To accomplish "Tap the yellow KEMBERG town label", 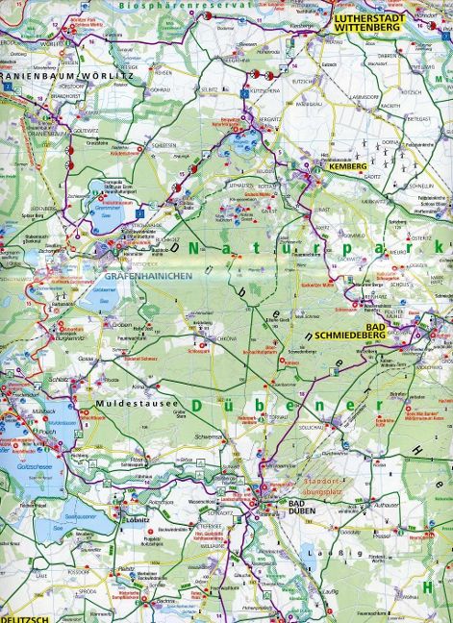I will click(349, 166).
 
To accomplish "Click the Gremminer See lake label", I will click(112, 204).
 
